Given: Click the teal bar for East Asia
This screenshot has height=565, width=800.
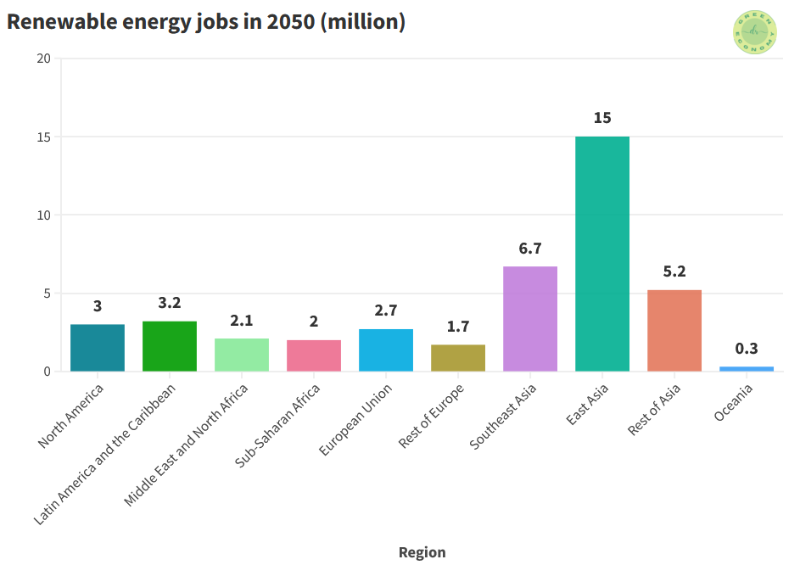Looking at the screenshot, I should pos(602,254).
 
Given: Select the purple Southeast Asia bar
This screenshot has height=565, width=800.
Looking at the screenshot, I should pos(530,319).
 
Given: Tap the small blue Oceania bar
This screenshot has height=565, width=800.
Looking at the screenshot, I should pos(747,368).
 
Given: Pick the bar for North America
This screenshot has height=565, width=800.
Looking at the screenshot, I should pos(98,348).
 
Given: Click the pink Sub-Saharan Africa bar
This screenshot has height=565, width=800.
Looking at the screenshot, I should pos(314,355).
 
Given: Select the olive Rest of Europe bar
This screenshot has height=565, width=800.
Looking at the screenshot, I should pos(458,358).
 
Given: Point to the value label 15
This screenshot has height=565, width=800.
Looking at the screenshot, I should pos(602,118).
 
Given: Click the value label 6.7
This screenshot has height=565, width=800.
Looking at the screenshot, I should pos(530,249).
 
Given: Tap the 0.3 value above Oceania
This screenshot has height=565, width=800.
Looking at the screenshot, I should pos(747,349).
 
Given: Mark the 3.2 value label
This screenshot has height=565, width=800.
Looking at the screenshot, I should pos(170,303).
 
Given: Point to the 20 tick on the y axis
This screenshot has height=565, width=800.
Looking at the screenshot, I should pos(44,59).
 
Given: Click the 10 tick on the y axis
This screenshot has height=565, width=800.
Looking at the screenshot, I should pos(44,215).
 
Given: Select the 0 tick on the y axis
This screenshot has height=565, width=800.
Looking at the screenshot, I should pos(48,372).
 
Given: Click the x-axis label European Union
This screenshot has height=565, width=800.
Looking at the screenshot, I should pos(357,419).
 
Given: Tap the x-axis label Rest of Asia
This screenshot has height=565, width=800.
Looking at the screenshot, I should pos(655,409).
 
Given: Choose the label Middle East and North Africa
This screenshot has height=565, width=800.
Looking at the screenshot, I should pos(187,445).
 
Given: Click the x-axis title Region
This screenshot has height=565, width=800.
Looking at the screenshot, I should pos(422,552).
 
